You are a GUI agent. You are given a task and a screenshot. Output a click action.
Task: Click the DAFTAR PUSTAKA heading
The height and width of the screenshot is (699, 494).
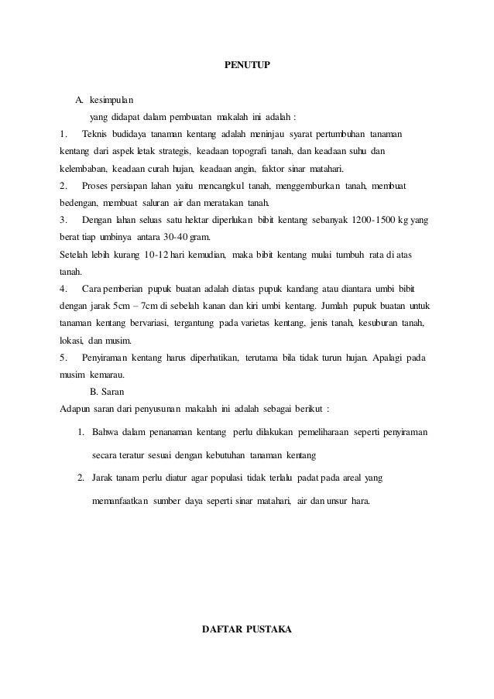click(x=246, y=628)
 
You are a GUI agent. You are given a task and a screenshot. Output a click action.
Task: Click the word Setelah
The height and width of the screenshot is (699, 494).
click(x=73, y=254)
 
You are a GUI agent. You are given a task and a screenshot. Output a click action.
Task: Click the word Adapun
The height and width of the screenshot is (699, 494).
click(x=75, y=407)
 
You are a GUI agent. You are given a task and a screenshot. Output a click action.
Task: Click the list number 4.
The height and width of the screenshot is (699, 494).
click(x=63, y=288)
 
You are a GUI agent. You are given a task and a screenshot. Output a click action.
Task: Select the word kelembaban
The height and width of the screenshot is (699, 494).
click(x=82, y=169)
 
